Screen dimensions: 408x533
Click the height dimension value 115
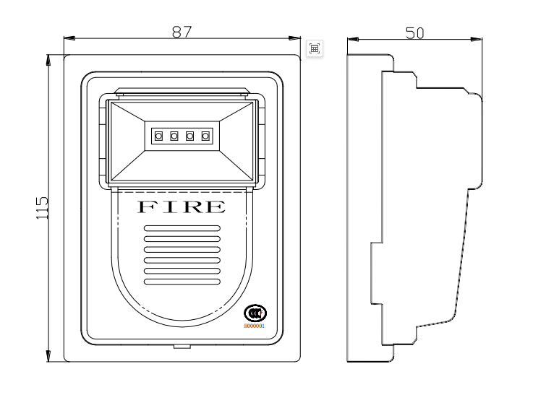[x=42, y=207]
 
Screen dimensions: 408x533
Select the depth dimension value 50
[x=414, y=32]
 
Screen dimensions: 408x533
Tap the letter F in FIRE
[x=146, y=207]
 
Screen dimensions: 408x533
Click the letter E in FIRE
[x=216, y=207]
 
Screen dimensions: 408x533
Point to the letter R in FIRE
[x=193, y=207]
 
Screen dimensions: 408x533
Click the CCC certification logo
[x=255, y=313]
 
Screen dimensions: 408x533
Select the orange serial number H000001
[x=255, y=326]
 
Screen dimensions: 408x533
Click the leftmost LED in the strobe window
[x=158, y=135]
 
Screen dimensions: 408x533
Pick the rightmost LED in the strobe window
[x=205, y=135]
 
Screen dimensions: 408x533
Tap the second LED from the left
[x=174, y=135]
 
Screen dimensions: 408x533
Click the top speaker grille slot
[x=182, y=228]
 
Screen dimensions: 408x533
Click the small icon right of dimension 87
[x=315, y=48]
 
